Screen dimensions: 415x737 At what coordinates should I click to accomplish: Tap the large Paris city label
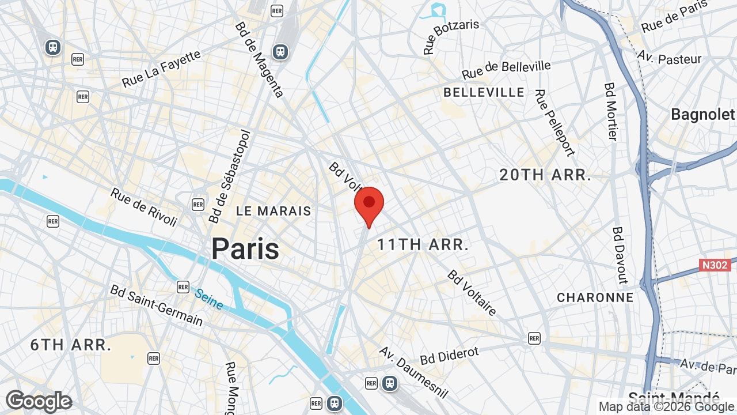click(245, 249)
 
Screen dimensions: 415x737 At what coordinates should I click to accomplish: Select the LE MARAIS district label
click(273, 211)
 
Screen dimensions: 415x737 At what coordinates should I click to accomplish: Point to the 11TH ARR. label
click(423, 244)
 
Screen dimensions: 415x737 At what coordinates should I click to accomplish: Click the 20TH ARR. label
click(545, 175)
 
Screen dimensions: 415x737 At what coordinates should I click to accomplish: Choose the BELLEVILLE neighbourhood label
click(484, 92)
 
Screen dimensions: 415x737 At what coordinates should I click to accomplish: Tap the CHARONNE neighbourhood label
click(595, 297)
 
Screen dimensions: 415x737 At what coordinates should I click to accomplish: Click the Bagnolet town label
click(703, 114)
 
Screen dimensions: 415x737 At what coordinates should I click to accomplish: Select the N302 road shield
click(715, 265)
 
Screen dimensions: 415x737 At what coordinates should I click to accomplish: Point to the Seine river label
click(208, 299)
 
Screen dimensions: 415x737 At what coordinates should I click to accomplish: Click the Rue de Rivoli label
click(144, 207)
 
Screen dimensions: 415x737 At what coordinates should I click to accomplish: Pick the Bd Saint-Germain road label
click(157, 305)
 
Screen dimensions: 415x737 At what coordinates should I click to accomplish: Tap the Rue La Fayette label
click(162, 69)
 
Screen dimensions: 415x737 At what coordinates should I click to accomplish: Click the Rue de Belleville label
click(506, 70)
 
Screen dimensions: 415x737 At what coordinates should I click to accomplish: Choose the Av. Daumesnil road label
click(413, 372)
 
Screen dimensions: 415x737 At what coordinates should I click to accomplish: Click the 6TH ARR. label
click(71, 345)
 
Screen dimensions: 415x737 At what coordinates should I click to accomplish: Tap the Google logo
click(39, 401)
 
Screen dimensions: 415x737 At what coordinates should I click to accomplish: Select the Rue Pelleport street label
click(554, 122)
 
